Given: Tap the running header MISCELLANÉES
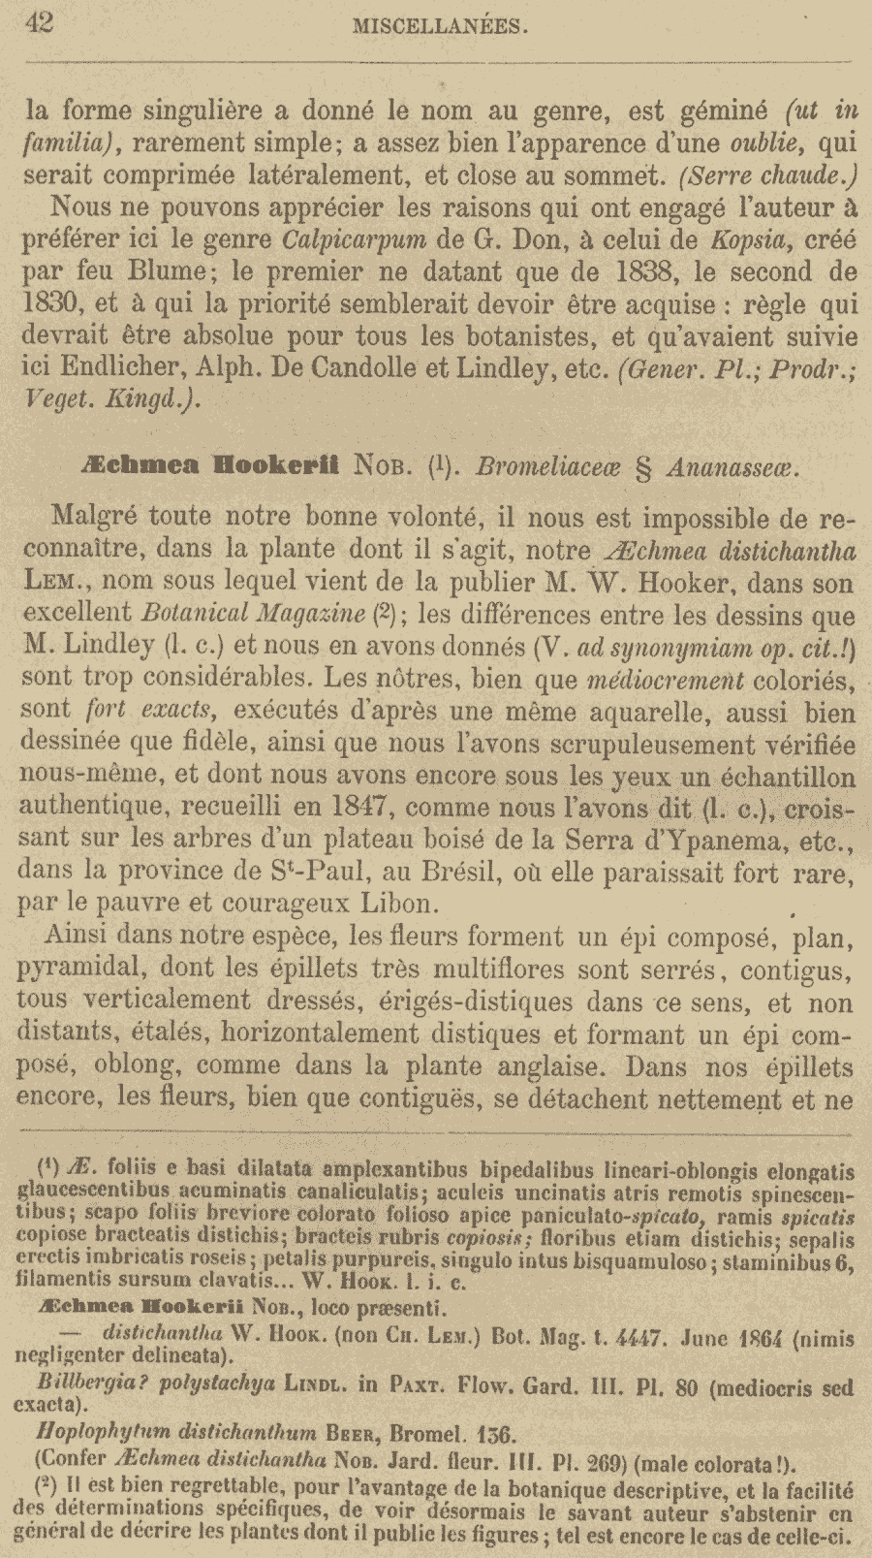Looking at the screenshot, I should pyautogui.click(x=440, y=26).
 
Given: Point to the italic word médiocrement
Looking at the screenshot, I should pyautogui.click(x=667, y=679).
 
